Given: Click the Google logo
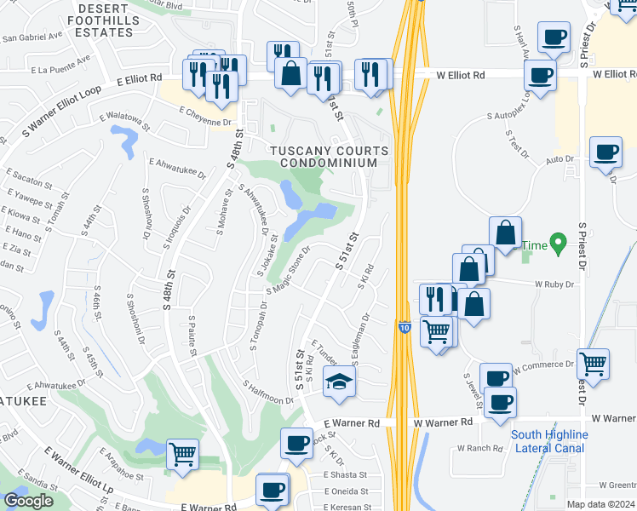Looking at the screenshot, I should (28, 501).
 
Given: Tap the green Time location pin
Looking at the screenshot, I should (558, 244).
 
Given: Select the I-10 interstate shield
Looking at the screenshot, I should (404, 326).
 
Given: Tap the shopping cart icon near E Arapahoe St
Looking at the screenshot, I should (182, 453).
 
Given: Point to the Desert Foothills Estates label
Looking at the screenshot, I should (106, 20).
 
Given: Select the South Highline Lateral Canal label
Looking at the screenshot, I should (548, 441).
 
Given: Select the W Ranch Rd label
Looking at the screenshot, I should (478, 448).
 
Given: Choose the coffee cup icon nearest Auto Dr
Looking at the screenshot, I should (605, 152).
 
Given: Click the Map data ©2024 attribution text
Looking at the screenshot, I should (600, 504).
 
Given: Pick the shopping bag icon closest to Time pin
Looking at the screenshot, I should (506, 231).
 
